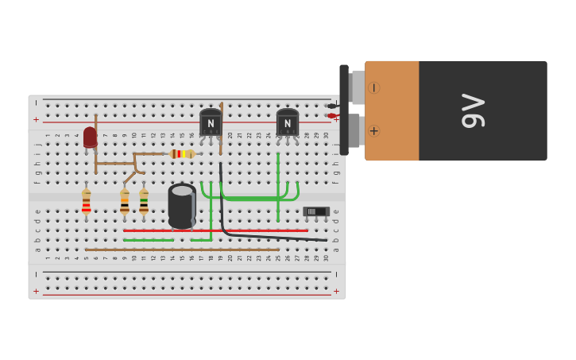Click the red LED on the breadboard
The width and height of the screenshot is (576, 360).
[90, 137]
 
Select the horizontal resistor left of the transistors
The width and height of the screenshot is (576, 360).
[182, 153]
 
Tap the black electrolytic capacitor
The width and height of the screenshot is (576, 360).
[182, 207]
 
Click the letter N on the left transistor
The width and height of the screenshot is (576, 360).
[211, 123]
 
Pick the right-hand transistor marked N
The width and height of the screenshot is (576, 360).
[287, 122]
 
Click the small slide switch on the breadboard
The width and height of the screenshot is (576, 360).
[315, 211]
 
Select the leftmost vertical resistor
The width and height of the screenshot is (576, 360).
[86, 202]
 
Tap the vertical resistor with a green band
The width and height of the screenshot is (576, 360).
[144, 201]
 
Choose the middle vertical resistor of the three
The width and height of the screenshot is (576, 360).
[125, 202]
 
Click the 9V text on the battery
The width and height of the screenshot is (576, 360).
[473, 110]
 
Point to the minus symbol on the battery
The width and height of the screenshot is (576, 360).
[373, 87]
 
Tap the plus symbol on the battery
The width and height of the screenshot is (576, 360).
[373, 130]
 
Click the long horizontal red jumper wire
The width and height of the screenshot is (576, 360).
[215, 230]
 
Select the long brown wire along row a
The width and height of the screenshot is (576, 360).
[182, 250]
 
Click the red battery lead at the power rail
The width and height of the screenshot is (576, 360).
[332, 116]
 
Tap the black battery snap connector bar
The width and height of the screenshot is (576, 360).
[344, 110]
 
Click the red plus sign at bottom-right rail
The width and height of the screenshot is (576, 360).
[336, 291]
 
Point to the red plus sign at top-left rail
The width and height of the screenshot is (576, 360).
[36, 119]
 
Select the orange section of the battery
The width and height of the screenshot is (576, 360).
[392, 110]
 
